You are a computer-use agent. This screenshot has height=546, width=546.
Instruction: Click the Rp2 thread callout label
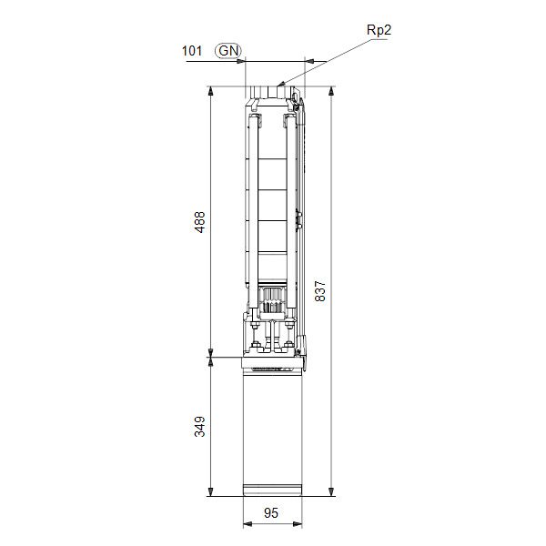click(x=379, y=29)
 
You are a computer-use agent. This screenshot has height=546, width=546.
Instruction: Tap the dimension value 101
click(x=192, y=51)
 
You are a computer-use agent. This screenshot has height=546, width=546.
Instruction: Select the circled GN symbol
click(x=228, y=51)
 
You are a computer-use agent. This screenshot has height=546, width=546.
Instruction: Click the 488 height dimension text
click(x=200, y=222)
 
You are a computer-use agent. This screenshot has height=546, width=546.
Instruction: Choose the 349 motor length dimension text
click(x=200, y=426)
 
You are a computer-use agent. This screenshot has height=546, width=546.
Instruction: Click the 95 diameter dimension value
click(x=271, y=513)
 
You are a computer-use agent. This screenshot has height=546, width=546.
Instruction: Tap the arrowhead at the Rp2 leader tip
click(x=281, y=86)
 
